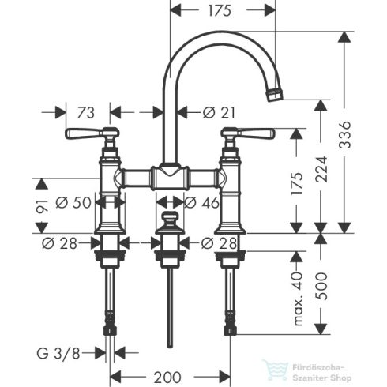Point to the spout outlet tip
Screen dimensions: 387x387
(x=275, y=95)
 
